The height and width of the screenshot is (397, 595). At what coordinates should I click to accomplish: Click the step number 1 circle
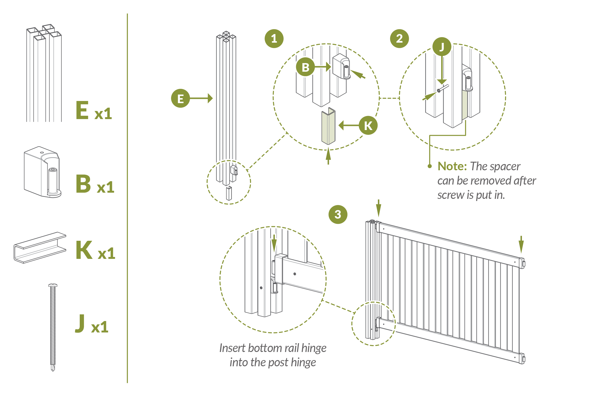click(x=274, y=39)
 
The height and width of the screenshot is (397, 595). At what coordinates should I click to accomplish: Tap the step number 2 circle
click(x=399, y=39)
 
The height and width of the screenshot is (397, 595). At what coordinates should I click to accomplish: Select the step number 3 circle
click(x=338, y=214)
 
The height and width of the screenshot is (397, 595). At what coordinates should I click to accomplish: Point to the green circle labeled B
click(x=305, y=67)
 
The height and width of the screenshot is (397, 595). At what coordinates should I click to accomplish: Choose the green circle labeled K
click(x=368, y=125)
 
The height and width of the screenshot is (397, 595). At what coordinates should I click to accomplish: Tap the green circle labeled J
click(x=442, y=47)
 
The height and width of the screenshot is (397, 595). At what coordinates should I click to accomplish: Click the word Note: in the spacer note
click(x=452, y=166)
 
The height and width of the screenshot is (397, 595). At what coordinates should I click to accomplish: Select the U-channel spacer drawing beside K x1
click(x=40, y=248)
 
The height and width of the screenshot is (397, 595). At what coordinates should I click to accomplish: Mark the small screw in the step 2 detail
click(x=442, y=88)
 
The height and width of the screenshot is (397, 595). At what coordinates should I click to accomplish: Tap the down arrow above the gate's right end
click(x=521, y=244)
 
